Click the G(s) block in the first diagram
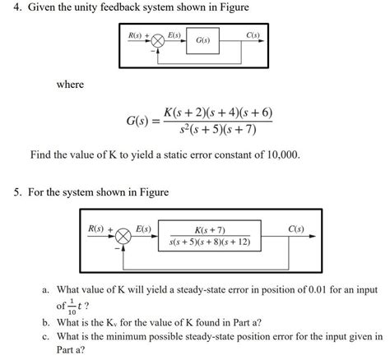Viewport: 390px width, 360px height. (x=202, y=40)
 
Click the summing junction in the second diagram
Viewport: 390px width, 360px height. (x=123, y=237)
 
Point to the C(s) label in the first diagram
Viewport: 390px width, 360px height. (x=253, y=35)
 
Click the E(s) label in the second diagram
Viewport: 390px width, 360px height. (x=142, y=228)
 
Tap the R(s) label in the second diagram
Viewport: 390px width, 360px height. (x=99, y=228)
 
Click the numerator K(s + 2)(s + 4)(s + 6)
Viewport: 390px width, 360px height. (x=217, y=112)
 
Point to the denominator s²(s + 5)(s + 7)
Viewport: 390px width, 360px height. (x=217, y=131)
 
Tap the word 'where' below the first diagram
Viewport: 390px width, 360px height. (x=70, y=85)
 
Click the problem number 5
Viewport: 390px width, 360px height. (x=18, y=192)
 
